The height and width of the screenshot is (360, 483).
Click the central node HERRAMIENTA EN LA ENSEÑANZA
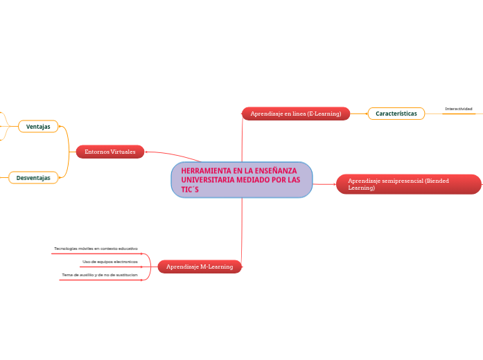[x=241, y=180]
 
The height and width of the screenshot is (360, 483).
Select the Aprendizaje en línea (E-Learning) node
[x=296, y=114]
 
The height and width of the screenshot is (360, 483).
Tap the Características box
[x=396, y=114]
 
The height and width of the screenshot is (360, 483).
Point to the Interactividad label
[x=459, y=109]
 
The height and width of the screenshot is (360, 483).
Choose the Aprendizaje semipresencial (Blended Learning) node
[x=408, y=184]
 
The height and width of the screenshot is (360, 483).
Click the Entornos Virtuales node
[x=110, y=152]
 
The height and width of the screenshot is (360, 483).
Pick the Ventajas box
[x=38, y=127]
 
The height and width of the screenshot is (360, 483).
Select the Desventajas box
[x=33, y=178]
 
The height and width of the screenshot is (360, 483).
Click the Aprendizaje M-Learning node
[x=200, y=267]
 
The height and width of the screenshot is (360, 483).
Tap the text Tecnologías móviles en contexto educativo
[x=96, y=248]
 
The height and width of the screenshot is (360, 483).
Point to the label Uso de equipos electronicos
[x=109, y=262]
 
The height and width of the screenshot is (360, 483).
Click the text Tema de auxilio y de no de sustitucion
[x=99, y=275]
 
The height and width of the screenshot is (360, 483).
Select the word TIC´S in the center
[x=189, y=189]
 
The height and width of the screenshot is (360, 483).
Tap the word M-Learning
[x=216, y=267]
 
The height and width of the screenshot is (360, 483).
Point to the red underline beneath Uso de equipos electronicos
[x=109, y=267]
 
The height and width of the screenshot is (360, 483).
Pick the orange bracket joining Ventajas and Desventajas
[x=68, y=152]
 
